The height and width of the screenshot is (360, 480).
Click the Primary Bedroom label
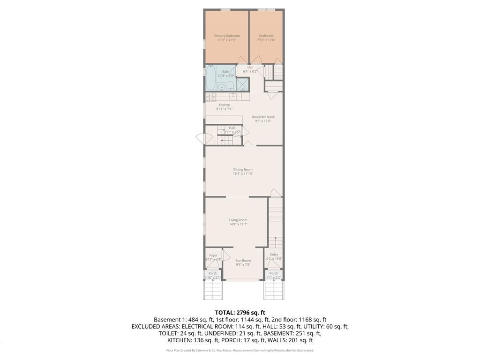(x=226, y=36)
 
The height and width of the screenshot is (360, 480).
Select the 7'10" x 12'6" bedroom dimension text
(x=266, y=40)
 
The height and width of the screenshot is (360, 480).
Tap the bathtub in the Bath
(x=211, y=78)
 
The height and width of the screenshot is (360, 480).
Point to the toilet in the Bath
(x=231, y=86)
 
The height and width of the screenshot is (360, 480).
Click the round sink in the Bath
(x=222, y=87)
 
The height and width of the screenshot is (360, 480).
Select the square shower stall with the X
(x=242, y=84)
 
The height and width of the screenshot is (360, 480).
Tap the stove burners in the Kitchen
(x=210, y=97)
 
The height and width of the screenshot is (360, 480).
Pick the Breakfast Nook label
(x=263, y=117)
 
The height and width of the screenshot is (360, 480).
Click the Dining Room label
(x=243, y=170)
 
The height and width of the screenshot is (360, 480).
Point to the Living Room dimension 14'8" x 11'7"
(x=238, y=224)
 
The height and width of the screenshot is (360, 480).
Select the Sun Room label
(x=243, y=261)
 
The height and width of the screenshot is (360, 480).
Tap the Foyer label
(x=213, y=255)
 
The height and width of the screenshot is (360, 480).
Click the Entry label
(x=274, y=255)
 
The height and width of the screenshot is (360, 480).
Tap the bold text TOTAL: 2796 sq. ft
(x=240, y=313)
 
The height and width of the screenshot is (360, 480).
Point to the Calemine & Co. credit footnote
(x=240, y=350)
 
